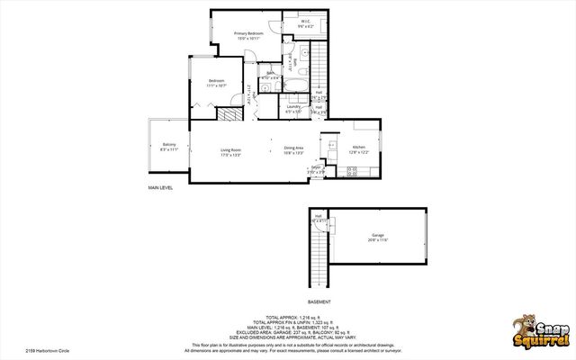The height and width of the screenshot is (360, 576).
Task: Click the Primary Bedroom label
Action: click(x=247, y=34)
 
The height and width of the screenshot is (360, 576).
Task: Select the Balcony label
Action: click(x=169, y=146)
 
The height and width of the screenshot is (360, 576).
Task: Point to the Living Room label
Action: click(x=231, y=150)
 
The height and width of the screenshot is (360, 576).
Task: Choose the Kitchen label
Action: click(x=358, y=148)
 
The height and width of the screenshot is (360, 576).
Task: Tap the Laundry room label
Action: click(x=293, y=107)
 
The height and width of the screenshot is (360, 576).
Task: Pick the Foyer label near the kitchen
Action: click(x=316, y=168)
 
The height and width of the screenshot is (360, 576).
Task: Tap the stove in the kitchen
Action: click(x=352, y=170)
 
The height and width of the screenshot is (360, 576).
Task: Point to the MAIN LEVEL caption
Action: click(x=160, y=188)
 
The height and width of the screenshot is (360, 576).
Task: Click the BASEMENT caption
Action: click(x=319, y=301)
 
